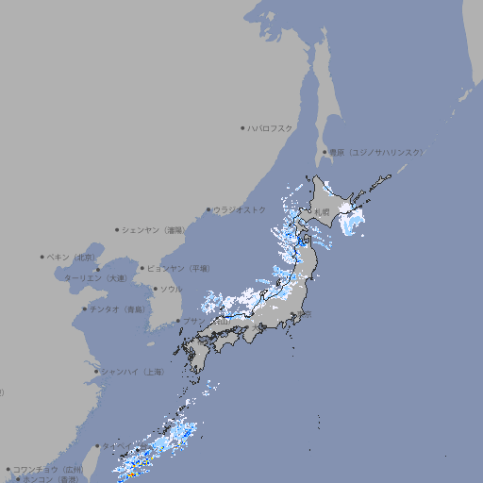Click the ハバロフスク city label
tap(271, 127)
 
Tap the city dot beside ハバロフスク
tap(242, 127)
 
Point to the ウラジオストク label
tap(240, 209)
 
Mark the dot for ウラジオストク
tap(208, 209)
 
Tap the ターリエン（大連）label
tap(95, 278)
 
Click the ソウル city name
tap(171, 289)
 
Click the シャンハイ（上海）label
tap(132, 372)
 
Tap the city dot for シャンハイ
tap(96, 372)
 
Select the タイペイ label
tap(118, 445)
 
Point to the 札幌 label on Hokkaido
tap(323, 211)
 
